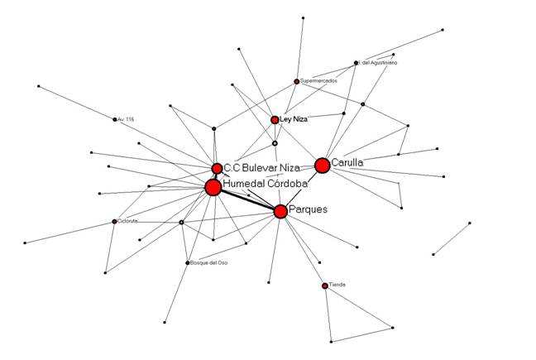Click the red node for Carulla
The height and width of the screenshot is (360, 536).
click(323, 166)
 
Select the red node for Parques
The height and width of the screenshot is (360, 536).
click(280, 211)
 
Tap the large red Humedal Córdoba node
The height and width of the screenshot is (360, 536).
click(213, 188)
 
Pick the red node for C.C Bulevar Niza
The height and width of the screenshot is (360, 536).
click(217, 169)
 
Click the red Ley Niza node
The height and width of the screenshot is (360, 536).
click(275, 120)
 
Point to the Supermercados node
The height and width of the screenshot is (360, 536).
click(296, 81)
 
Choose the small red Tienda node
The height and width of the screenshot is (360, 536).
click(325, 286)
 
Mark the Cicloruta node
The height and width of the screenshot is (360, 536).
click(114, 222)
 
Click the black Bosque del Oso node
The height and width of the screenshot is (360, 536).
click(186, 263)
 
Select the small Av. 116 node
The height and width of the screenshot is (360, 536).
click(114, 120)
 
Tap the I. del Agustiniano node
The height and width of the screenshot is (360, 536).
click(356, 63)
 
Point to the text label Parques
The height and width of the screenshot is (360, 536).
click(308, 209)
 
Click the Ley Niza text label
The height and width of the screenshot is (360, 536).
click(294, 120)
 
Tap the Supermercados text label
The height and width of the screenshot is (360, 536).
click(318, 81)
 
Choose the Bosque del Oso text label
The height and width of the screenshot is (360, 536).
click(208, 263)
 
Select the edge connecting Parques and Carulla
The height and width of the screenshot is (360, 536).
click(301, 189)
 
